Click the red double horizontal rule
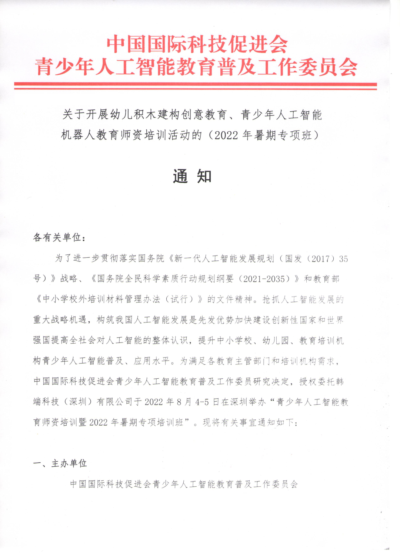point(195,86)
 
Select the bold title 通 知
point(192,176)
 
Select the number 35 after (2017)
point(343,259)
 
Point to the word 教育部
point(326,279)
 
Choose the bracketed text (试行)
point(182,299)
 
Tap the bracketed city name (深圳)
point(78,402)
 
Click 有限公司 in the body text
point(114,402)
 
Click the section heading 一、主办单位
point(60,463)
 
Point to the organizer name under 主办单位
point(184,484)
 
